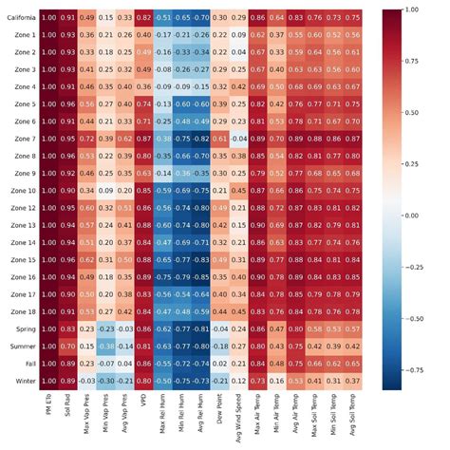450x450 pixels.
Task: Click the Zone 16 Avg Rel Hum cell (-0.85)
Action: point(198,276)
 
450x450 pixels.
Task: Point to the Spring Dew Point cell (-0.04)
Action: point(219,328)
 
